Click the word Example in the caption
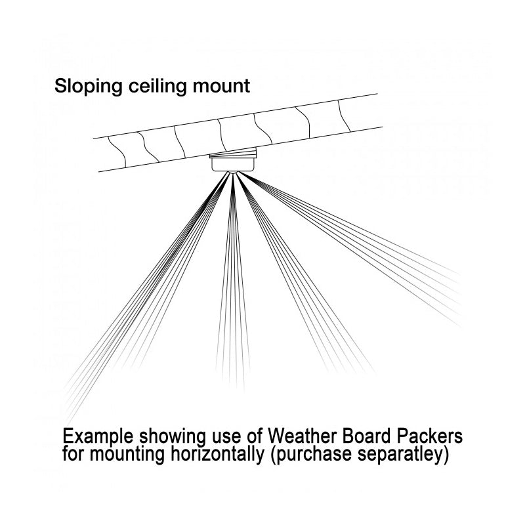[100, 438]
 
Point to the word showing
[177, 438]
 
